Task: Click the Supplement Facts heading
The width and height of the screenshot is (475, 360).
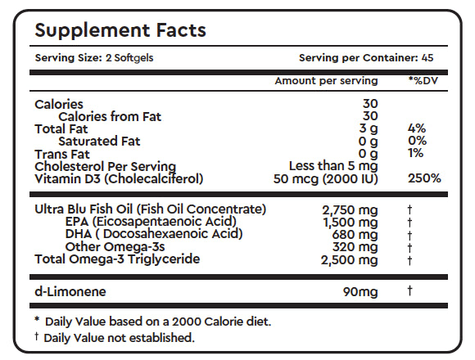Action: pyautogui.click(x=120, y=30)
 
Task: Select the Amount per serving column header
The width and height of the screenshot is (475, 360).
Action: pyautogui.click(x=326, y=81)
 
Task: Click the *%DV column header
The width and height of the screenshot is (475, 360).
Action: pyautogui.click(x=424, y=81)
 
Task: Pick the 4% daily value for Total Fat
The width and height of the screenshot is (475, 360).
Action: pyautogui.click(x=416, y=129)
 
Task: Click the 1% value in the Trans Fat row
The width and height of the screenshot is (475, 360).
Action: pyautogui.click(x=416, y=154)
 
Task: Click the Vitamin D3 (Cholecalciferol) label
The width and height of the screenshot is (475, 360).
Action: pyautogui.click(x=119, y=178)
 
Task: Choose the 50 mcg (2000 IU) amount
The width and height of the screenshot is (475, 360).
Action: pyautogui.click(x=326, y=178)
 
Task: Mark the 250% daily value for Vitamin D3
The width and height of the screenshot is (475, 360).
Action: pyautogui.click(x=424, y=178)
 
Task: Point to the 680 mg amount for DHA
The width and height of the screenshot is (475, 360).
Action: pyautogui.click(x=356, y=235)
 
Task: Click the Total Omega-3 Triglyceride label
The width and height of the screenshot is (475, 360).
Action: pyautogui.click(x=117, y=260)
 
